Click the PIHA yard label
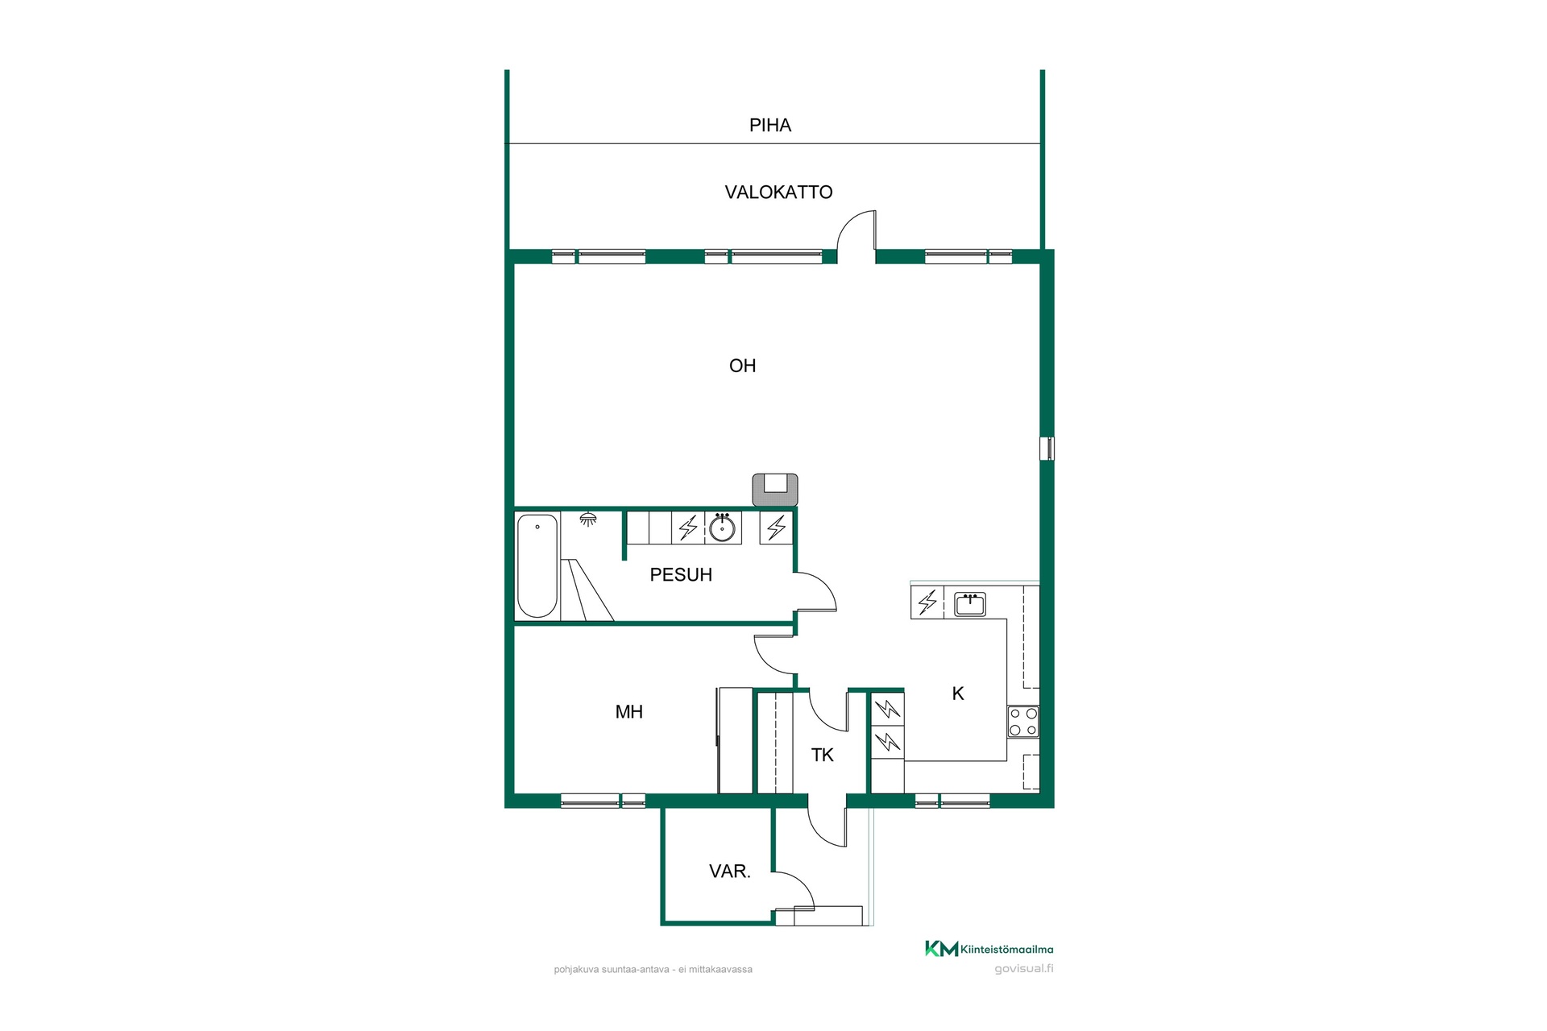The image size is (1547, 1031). point(770,126)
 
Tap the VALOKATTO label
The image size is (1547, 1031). point(778,193)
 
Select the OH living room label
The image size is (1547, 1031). point(742,366)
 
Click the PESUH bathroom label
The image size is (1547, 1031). point(681,575)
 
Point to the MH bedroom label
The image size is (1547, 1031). point(629,712)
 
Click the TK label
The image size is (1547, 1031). point(823,756)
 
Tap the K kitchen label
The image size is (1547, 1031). point(958,694)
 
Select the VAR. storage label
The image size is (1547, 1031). point(730,872)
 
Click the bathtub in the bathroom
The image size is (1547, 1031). point(537,566)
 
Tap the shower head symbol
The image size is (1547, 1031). point(589,519)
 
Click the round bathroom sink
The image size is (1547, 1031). point(721,528)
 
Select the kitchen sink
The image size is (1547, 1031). point(970,604)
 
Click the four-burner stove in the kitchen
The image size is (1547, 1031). point(1022,722)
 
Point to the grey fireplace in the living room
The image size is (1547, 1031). point(775,490)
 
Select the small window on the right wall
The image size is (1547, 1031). point(1047,449)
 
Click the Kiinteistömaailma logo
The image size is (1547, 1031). point(989,949)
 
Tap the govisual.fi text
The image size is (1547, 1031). point(1024,969)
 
